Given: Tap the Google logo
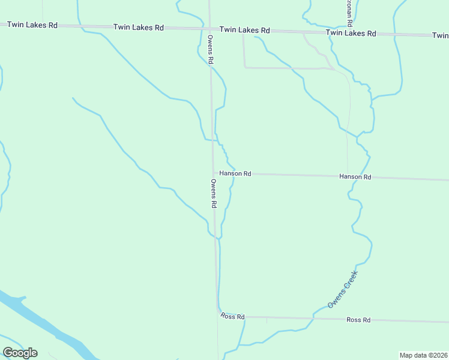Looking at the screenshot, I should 20,353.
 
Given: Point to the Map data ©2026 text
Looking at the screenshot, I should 423,355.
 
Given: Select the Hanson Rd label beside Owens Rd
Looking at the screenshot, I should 235,173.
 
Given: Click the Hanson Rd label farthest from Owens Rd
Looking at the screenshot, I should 355,177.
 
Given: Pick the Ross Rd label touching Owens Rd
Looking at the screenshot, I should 233,316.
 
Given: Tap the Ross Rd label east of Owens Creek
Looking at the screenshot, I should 359,320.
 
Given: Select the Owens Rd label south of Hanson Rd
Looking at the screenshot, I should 214,193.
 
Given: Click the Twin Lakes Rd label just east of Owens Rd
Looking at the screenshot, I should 245,30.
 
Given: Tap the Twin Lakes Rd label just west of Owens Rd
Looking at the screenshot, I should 139,28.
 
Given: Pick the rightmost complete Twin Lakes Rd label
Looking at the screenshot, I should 351,34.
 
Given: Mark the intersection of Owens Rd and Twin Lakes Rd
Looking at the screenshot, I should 210,29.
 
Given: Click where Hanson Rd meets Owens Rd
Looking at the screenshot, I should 213,173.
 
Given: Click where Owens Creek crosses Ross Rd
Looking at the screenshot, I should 313,318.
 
